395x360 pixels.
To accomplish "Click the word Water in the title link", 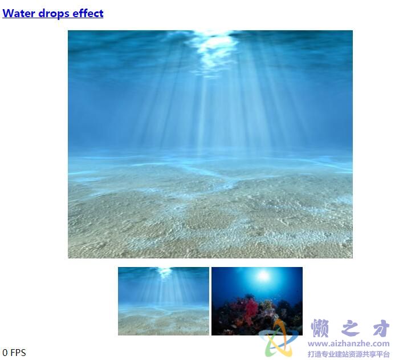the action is click(x=19, y=13).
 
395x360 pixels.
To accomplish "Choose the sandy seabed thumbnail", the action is click(x=164, y=301).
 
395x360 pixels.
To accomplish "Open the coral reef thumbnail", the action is click(x=257, y=301).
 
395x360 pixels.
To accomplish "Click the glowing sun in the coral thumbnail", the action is click(x=263, y=276).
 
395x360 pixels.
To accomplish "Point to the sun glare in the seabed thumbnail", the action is click(x=164, y=272).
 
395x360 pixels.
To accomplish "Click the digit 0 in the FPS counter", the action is click(x=5, y=353).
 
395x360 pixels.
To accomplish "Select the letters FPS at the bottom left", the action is click(x=18, y=353).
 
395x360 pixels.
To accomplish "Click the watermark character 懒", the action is click(x=320, y=328).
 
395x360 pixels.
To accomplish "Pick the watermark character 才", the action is click(x=381, y=328).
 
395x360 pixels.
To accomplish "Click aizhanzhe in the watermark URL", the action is click(x=349, y=344).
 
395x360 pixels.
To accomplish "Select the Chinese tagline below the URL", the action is click(x=349, y=354).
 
